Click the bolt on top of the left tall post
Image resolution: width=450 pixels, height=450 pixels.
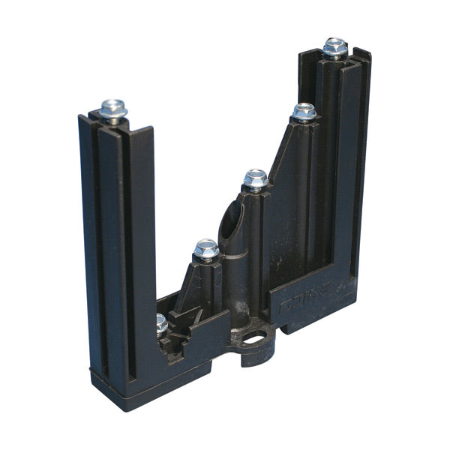click(x=113, y=109)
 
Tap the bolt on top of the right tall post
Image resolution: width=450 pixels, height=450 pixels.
click(x=334, y=48)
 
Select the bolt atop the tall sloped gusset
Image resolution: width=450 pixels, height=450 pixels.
click(x=304, y=112)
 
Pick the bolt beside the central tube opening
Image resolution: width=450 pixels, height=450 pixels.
click(x=255, y=179)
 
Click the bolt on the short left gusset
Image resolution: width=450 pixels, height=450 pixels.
click(x=205, y=249)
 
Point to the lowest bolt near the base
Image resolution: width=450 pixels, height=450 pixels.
click(x=161, y=324)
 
